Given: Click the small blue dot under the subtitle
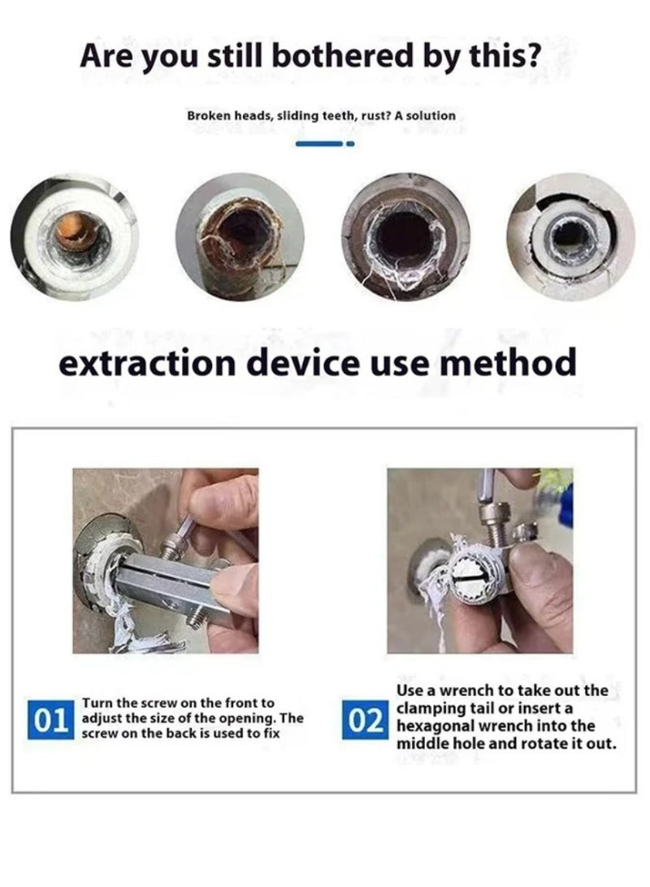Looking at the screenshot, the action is (x=350, y=145).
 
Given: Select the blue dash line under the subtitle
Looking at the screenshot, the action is (x=319, y=145).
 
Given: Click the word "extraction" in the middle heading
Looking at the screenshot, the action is (x=147, y=363).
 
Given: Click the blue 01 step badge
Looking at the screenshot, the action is (x=51, y=719).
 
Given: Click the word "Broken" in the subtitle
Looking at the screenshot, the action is (x=206, y=116).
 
